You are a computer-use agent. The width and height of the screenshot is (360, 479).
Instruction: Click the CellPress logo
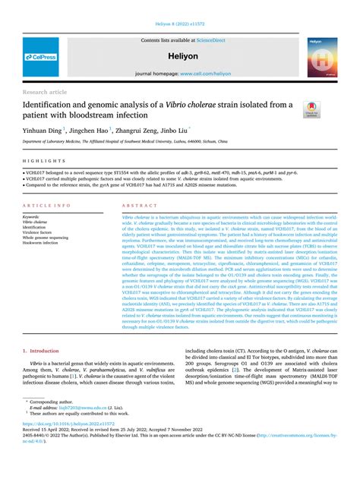pos(43,57)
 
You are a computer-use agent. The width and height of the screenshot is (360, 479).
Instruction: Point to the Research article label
pos(47,91)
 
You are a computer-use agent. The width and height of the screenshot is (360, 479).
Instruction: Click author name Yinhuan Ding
pos(44,130)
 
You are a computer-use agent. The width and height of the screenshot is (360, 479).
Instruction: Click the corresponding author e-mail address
pos(73,428)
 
